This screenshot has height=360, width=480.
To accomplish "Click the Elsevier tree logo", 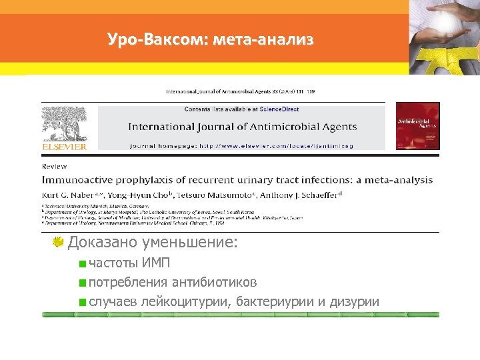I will coord(64,123).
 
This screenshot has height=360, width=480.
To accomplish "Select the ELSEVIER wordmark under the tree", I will coord(64,146).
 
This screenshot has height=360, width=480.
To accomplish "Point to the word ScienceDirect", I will coord(280,109).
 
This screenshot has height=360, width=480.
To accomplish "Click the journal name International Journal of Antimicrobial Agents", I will coord(242,127).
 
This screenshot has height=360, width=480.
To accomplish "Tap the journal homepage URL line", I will coord(241,145).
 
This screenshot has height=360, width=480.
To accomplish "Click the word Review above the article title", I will coord(54,166).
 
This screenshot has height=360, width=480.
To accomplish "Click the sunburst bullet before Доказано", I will coord(58,242).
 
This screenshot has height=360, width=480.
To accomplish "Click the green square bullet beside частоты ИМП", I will coord(82,263).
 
